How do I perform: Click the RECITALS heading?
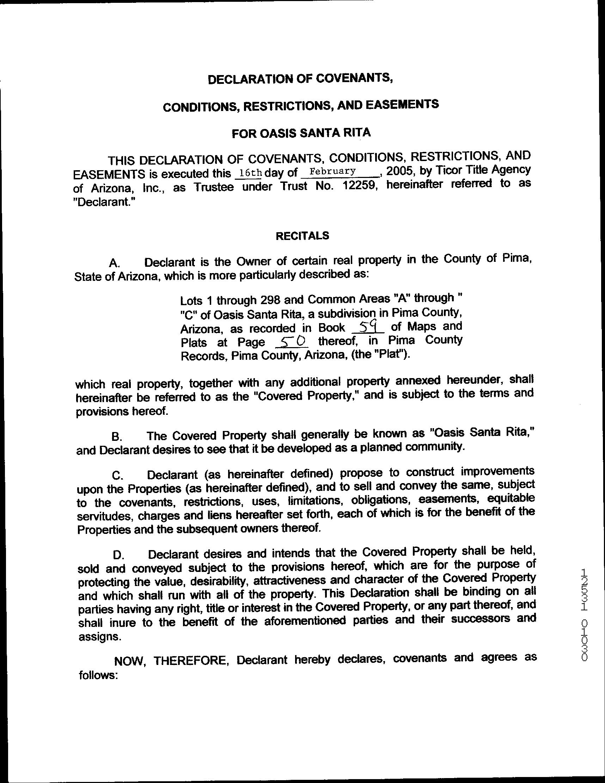pos(302,235)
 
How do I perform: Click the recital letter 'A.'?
pos(114,263)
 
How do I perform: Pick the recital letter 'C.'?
pos(117,476)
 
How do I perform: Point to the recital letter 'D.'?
pos(118,555)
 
